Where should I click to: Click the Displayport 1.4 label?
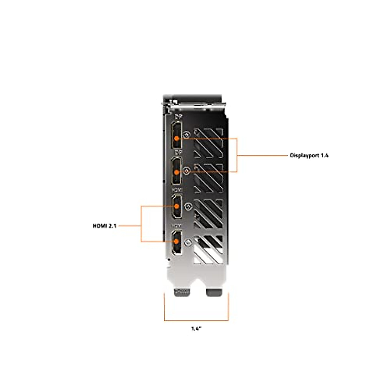(x=309, y=155)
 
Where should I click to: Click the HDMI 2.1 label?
(x=104, y=226)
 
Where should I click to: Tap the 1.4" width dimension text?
(x=196, y=329)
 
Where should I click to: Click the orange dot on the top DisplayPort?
(x=176, y=138)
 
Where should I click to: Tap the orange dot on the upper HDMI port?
(x=177, y=206)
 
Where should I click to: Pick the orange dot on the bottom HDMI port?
(x=177, y=241)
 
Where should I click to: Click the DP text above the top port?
(x=178, y=116)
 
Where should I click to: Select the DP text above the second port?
(x=178, y=152)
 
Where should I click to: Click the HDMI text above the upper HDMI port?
(x=177, y=189)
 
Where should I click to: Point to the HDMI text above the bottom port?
(x=177, y=225)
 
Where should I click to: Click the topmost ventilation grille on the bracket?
(x=208, y=143)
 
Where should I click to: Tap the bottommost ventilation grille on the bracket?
(x=208, y=249)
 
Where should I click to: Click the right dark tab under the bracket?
(x=214, y=292)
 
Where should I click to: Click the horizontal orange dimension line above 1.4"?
(x=196, y=321)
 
